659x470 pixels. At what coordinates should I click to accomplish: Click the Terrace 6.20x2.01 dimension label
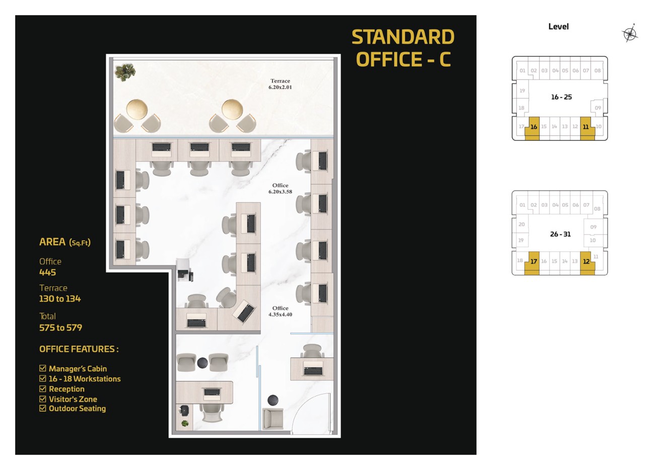click(x=280, y=84)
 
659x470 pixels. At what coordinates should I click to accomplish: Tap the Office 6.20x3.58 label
click(x=280, y=189)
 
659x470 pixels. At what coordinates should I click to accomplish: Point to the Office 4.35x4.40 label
click(x=280, y=311)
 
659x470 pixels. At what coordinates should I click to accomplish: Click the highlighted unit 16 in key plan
click(x=533, y=128)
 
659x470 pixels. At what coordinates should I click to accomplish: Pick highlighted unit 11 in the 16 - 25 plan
click(x=587, y=128)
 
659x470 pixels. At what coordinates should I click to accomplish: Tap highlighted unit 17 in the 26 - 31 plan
click(x=533, y=263)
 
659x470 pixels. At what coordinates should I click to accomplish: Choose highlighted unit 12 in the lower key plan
click(x=587, y=263)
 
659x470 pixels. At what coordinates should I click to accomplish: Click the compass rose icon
click(x=630, y=34)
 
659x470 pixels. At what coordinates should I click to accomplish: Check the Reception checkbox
click(x=43, y=388)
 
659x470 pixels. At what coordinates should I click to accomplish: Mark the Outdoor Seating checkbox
click(x=43, y=408)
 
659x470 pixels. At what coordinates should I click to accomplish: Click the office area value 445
click(x=48, y=272)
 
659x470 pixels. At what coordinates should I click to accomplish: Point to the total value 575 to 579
click(x=60, y=328)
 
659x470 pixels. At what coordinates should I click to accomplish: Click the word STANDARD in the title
click(x=403, y=37)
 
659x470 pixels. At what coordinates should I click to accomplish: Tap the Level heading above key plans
click(x=558, y=27)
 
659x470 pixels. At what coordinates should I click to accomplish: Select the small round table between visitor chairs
click(x=203, y=363)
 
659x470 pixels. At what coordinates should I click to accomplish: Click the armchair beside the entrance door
click(x=273, y=418)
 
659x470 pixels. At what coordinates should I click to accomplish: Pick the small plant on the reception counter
click(x=185, y=423)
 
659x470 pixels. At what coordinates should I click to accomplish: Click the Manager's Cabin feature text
click(x=78, y=369)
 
